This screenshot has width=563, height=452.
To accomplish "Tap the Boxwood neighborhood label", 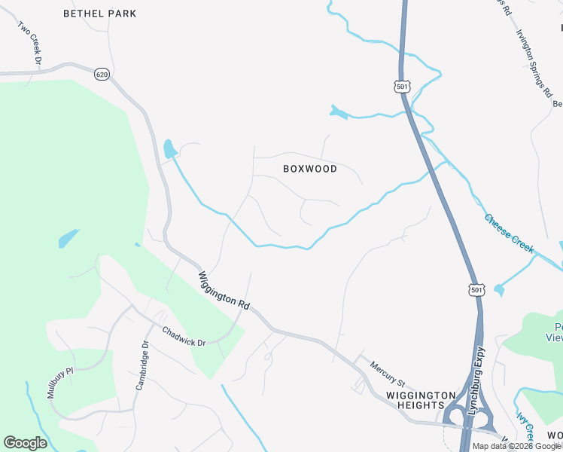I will (310, 169).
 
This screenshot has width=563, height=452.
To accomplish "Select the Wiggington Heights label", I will (421, 400).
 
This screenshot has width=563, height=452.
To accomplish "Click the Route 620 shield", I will (102, 74).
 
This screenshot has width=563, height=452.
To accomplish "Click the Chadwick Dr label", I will (184, 337).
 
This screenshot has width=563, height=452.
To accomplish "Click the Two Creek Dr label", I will (29, 42).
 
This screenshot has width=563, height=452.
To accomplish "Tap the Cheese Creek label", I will (509, 231).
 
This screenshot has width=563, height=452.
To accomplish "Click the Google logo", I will (25, 443).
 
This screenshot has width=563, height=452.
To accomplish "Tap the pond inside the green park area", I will (68, 239).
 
